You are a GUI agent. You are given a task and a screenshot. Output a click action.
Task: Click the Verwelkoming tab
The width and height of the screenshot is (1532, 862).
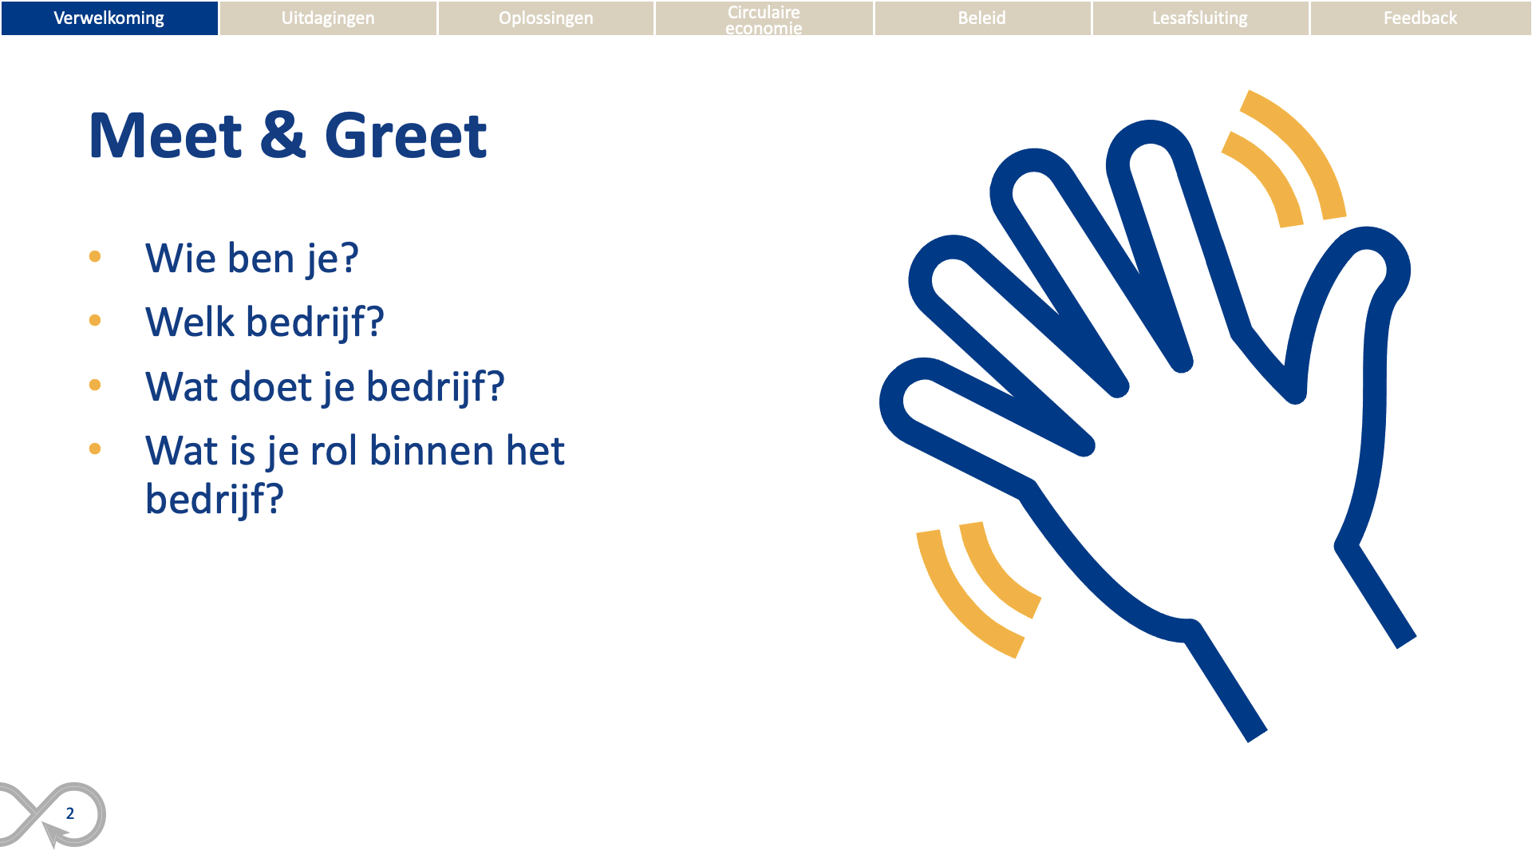pos(109,18)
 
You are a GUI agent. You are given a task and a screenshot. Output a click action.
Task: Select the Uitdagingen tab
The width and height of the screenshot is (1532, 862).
pos(328,18)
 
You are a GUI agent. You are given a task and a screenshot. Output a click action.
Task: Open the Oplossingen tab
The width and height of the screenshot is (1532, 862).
pos(546,18)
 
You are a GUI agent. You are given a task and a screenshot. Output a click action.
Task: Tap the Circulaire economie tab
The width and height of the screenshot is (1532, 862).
pos(764,18)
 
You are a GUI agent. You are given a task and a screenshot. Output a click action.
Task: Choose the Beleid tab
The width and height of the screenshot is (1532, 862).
pos(982,18)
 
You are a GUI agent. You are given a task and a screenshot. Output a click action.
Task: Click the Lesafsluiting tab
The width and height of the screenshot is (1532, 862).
pos(1200,18)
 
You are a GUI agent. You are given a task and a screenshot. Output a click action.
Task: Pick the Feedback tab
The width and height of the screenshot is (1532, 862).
pos(1420,18)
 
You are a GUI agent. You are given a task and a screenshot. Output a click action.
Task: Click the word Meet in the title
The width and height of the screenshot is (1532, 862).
pos(165,136)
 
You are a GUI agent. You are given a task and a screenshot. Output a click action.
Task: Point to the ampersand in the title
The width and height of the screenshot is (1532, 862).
pos(283,135)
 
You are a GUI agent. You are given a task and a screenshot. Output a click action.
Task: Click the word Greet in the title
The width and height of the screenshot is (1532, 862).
pos(405,136)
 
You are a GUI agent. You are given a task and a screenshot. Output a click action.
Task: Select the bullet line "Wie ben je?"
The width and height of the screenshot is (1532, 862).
pos(252,259)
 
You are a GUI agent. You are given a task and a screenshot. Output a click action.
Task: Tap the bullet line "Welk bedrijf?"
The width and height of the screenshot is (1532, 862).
pos(265,322)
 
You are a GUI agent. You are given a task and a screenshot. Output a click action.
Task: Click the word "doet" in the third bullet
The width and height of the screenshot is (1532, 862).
pos(270,386)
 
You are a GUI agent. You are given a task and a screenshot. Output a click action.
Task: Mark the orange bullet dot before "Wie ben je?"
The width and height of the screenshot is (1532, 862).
pos(95,256)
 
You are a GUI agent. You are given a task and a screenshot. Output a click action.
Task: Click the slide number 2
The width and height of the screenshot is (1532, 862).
pos(70,813)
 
